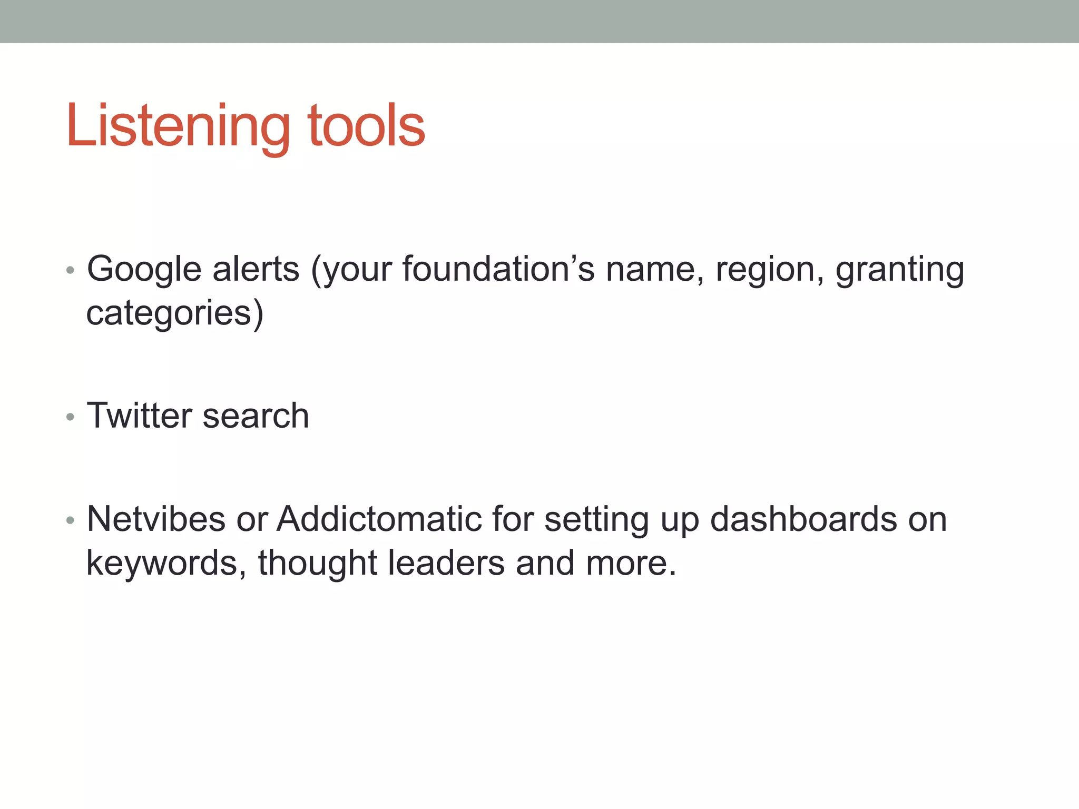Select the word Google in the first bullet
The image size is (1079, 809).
(144, 270)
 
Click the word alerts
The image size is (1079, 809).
(256, 270)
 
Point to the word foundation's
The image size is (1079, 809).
(498, 270)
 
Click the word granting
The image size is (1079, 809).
(900, 270)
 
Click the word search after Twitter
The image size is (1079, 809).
(256, 416)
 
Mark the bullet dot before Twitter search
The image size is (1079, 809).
(71, 418)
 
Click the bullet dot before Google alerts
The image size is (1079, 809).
(71, 271)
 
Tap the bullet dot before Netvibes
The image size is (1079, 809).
(71, 521)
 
